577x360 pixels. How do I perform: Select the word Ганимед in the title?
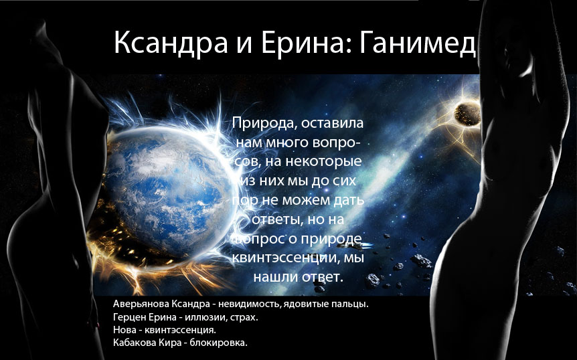coord(417,42)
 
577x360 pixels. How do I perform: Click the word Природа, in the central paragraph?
coord(265,123)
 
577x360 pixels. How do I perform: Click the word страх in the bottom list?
coord(244,317)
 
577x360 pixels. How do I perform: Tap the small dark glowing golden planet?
coord(467,114)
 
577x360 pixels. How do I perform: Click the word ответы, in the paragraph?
coord(274,219)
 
